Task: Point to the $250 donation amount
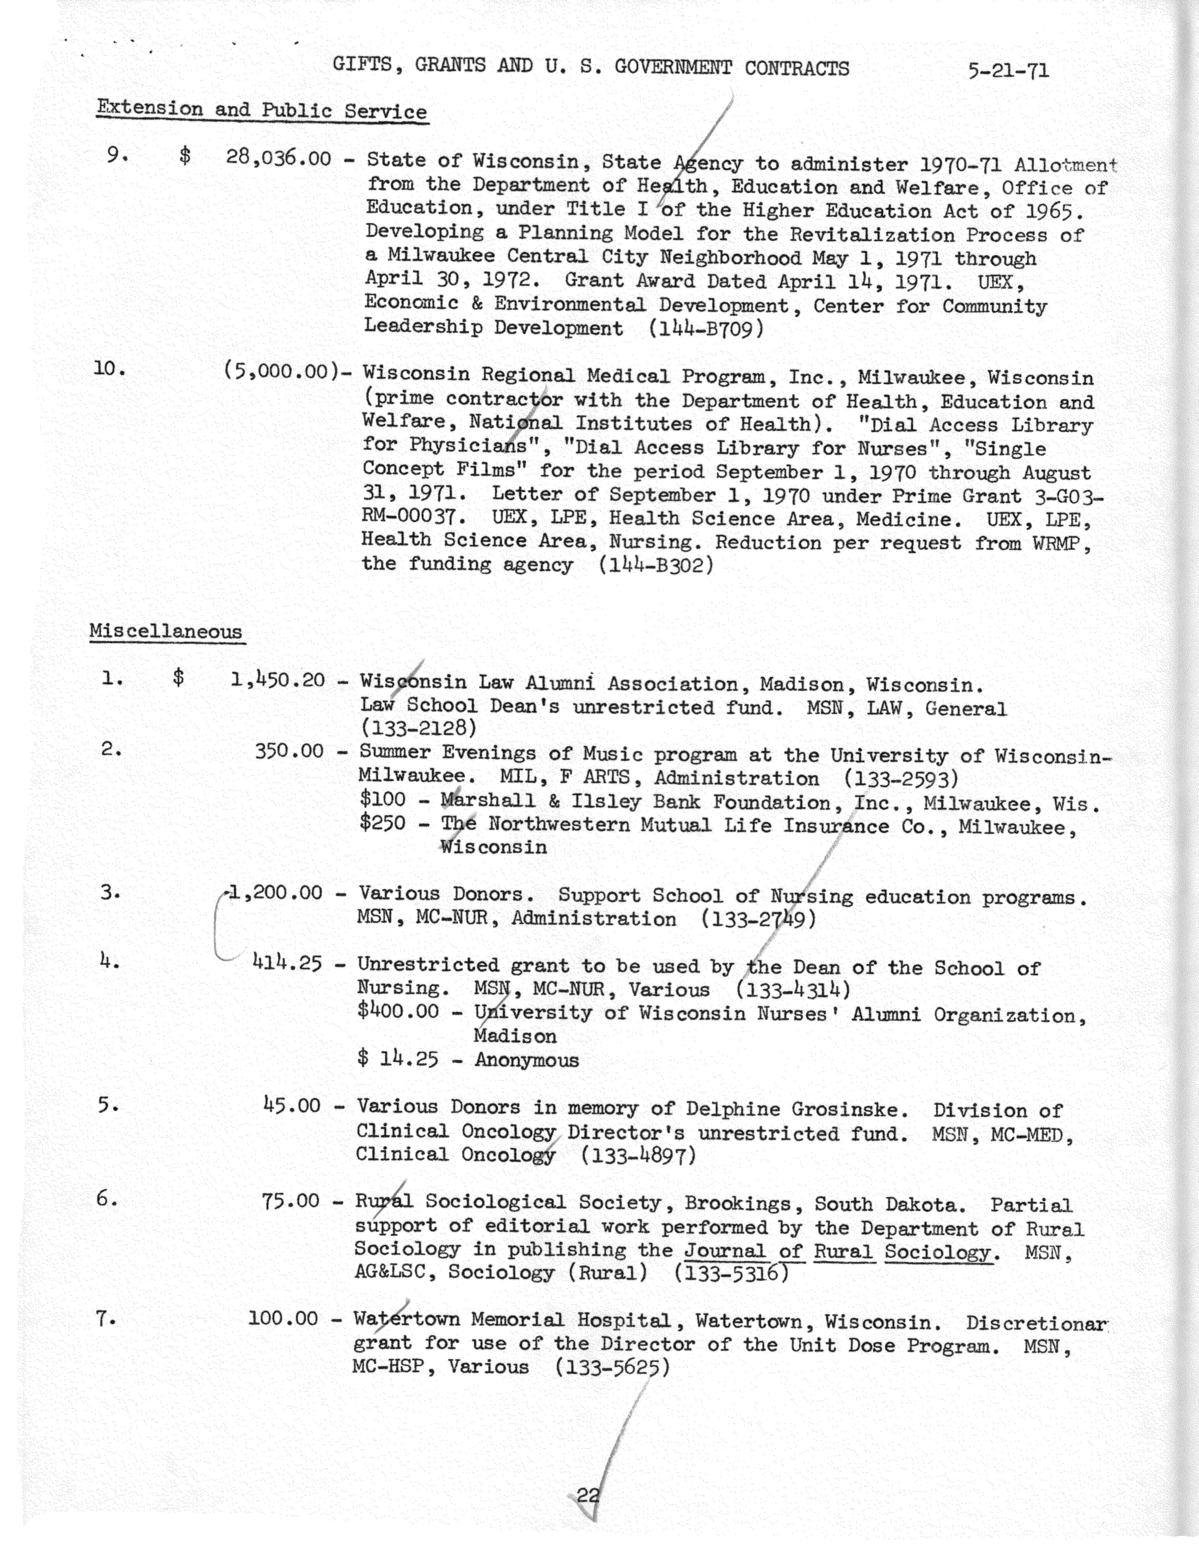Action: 382,823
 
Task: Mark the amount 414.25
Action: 287,963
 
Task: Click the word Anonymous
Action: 527,1060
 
